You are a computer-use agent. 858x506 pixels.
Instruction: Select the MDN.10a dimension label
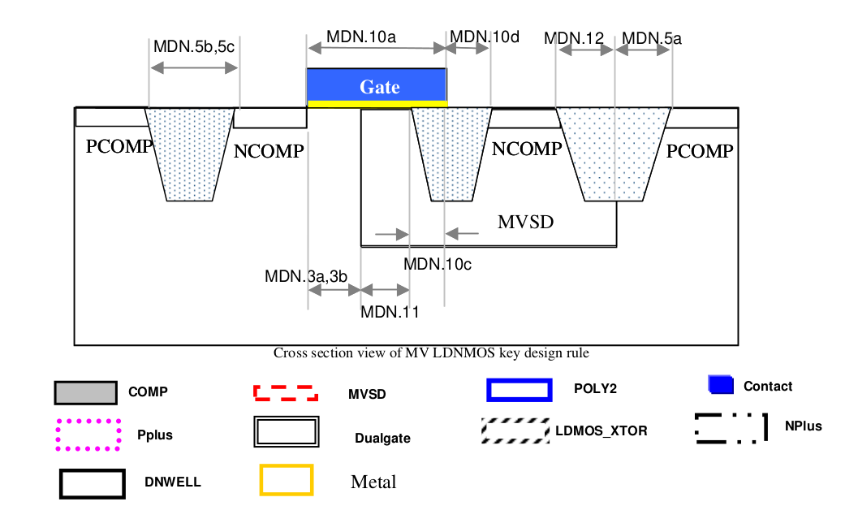pyautogui.click(x=361, y=37)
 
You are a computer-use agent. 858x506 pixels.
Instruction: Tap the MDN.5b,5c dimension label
pyautogui.click(x=194, y=47)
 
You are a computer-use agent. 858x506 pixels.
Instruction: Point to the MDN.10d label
pyautogui.click(x=485, y=37)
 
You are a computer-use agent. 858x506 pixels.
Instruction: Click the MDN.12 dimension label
pyautogui.click(x=574, y=38)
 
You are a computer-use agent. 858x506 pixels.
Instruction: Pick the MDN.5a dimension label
pyautogui.click(x=652, y=38)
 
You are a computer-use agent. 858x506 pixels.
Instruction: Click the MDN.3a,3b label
pyautogui.click(x=306, y=276)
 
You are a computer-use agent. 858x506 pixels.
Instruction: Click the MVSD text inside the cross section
pyautogui.click(x=525, y=221)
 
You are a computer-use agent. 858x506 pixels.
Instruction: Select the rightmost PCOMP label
pyautogui.click(x=700, y=151)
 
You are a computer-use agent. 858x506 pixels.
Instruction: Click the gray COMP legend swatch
pyautogui.click(x=85, y=392)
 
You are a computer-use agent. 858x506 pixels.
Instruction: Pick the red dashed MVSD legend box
pyautogui.click(x=285, y=393)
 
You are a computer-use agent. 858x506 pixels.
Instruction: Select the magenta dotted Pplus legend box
pyautogui.click(x=88, y=435)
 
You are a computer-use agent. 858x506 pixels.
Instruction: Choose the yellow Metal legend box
pyautogui.click(x=286, y=479)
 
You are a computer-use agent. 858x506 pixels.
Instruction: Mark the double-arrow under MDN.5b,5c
pyautogui.click(x=193, y=70)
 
